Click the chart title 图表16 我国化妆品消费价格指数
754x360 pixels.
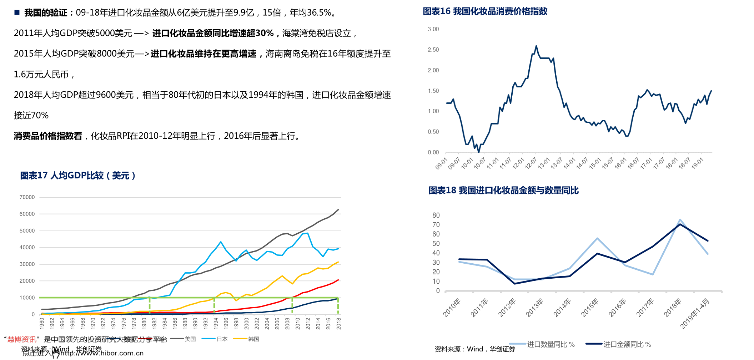click(485, 11)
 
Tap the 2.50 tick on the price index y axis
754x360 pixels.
click(433, 50)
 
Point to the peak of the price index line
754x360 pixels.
click(536, 46)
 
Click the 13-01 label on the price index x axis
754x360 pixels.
click(544, 163)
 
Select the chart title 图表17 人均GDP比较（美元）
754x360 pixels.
click(78, 176)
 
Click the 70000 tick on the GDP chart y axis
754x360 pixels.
click(27, 197)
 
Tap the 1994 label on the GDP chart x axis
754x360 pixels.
click(216, 323)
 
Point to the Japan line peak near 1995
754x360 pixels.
click(221, 242)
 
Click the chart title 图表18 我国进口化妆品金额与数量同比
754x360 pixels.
click(503, 191)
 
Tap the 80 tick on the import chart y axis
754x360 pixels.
click(436, 215)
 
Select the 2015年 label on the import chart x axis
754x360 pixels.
click(589, 308)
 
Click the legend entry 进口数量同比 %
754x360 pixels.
click(551, 344)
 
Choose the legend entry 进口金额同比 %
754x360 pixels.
click(627, 344)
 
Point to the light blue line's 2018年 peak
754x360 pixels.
click(680, 219)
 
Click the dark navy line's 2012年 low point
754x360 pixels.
click(514, 284)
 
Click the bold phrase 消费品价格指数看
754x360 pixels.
click(48, 136)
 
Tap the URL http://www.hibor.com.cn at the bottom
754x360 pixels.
click(102, 353)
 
